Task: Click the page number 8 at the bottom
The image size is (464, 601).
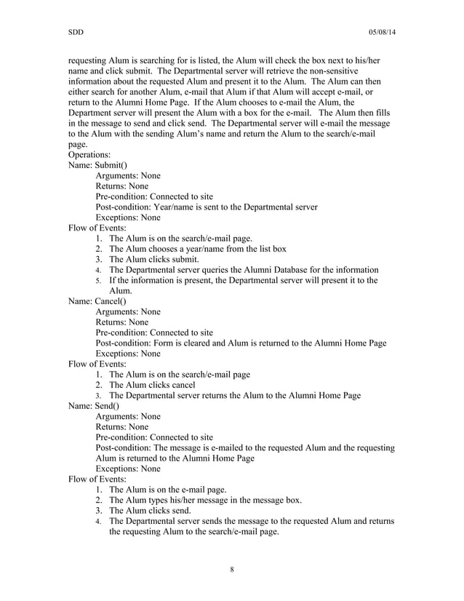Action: click(x=231, y=568)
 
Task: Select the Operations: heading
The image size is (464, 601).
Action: click(x=89, y=155)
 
